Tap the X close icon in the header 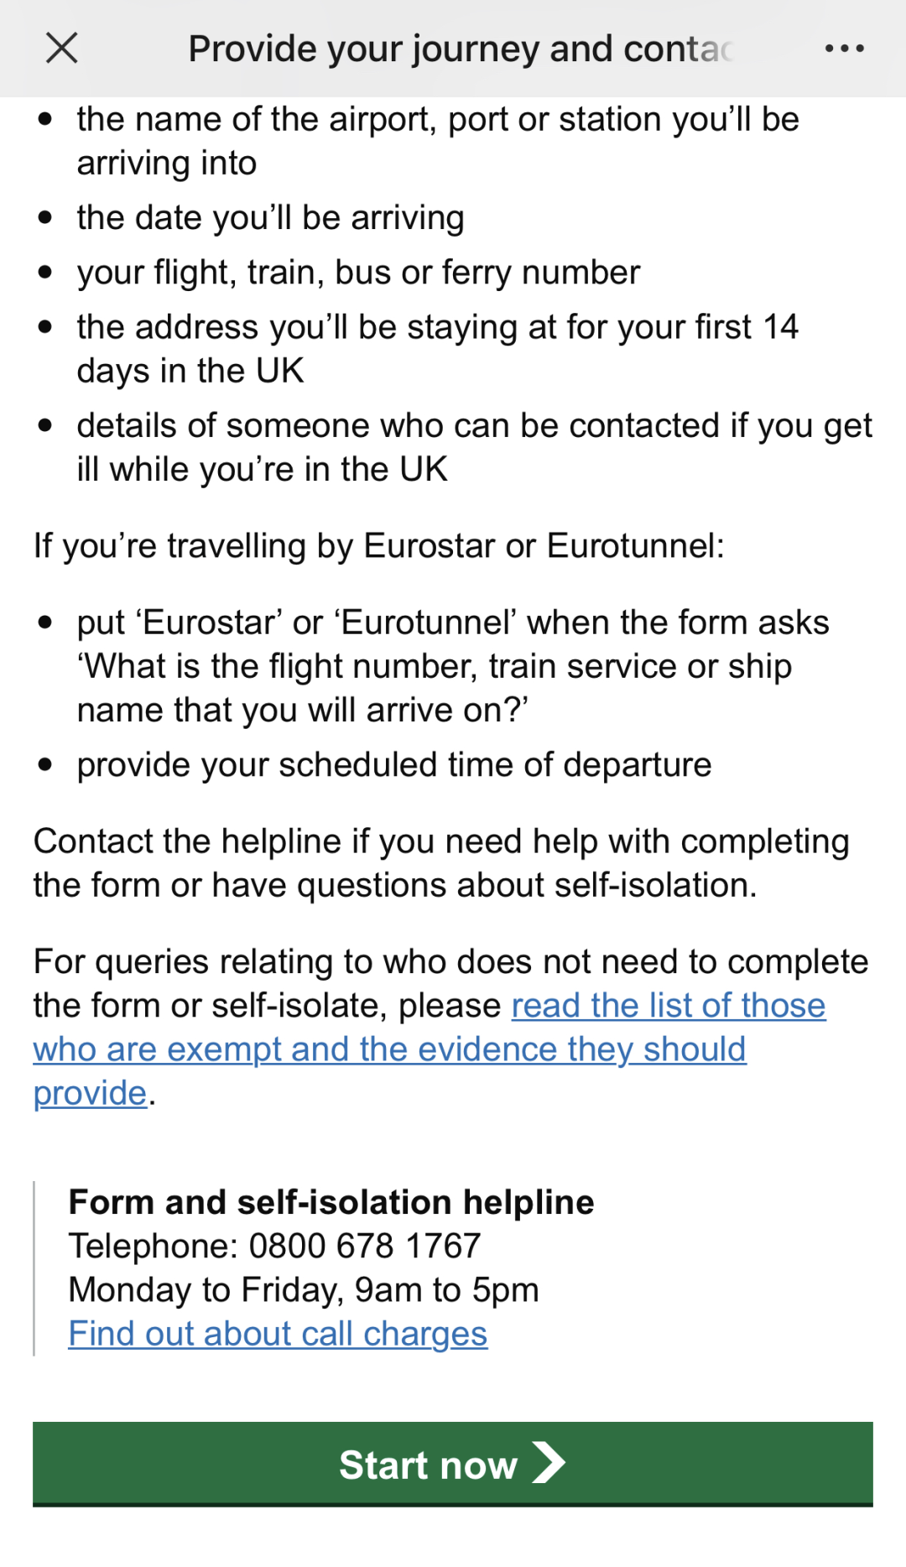62,49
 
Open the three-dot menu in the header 844,49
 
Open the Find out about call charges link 278,1334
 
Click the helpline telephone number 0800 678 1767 365,1247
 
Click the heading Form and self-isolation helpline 331,1202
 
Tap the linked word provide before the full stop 90,1093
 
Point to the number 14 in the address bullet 780,327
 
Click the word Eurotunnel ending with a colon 635,546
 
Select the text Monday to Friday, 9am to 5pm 304,1290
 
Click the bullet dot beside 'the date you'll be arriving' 45,218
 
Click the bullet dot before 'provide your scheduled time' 45,765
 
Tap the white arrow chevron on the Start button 549,1463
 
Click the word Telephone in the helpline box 153,1247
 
